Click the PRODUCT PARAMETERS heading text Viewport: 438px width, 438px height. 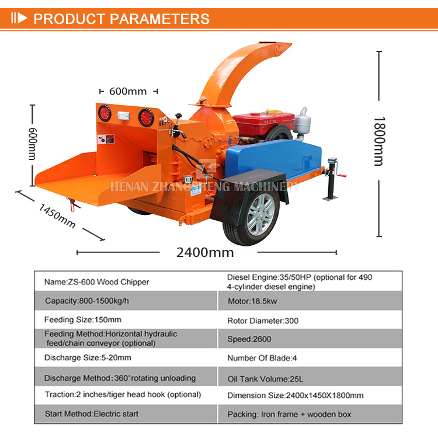tap(121, 18)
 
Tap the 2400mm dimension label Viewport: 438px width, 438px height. tap(205, 252)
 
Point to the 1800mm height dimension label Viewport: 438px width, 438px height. tap(380, 141)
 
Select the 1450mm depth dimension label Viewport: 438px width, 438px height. tap(57, 215)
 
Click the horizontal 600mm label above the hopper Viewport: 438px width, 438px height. tap(128, 91)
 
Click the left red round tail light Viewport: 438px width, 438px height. tap(105, 113)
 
